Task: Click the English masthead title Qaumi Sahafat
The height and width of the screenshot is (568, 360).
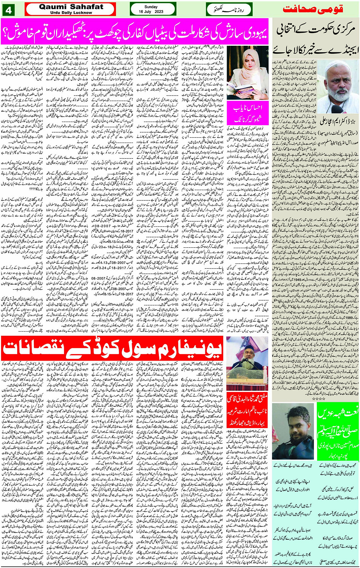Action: click(x=71, y=6)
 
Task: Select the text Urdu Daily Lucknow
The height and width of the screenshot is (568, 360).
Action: click(x=71, y=13)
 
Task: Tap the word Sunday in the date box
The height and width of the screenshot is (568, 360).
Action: click(x=151, y=6)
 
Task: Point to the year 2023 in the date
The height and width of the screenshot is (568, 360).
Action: click(x=157, y=12)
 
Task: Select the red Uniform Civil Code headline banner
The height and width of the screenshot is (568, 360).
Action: click(x=112, y=348)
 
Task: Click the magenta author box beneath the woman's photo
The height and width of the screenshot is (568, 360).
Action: click(x=248, y=113)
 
